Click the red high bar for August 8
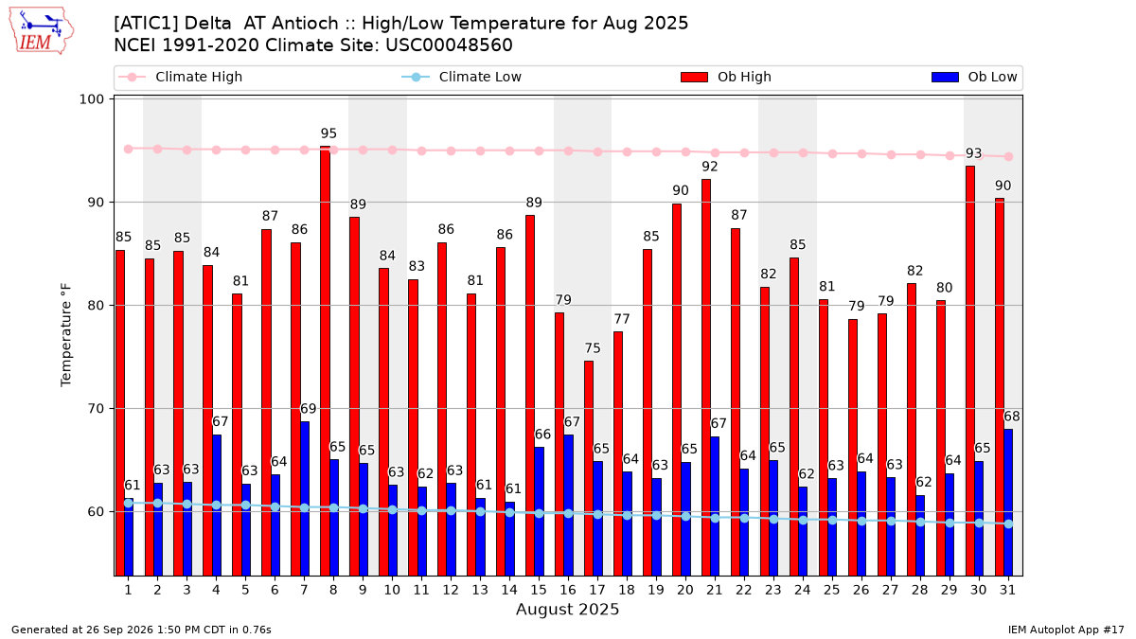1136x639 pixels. (x=325, y=361)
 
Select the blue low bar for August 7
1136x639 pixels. (x=304, y=499)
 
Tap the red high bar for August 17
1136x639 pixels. (x=589, y=469)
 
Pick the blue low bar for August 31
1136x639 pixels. (x=1008, y=503)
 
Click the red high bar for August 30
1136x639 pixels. (x=970, y=371)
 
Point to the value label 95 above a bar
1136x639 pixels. (x=328, y=133)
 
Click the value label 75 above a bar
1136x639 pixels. (x=593, y=348)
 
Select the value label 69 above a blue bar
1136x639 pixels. (x=309, y=409)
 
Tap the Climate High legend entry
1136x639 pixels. (x=181, y=77)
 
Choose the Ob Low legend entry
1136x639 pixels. (x=974, y=77)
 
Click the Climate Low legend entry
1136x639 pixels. (x=462, y=77)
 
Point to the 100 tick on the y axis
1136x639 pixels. (x=91, y=98)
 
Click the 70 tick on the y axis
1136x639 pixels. (x=96, y=408)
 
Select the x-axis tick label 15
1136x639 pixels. (x=539, y=590)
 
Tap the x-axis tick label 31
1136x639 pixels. (x=1007, y=590)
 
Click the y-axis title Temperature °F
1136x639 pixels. (x=66, y=335)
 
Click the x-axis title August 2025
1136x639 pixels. (x=567, y=609)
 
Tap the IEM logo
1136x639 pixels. (x=42, y=31)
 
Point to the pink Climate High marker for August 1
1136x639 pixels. (x=129, y=149)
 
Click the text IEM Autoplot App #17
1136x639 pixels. (x=1066, y=630)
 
